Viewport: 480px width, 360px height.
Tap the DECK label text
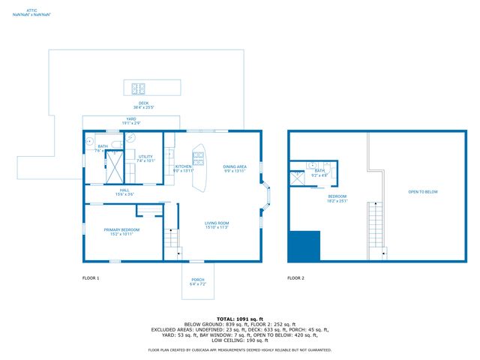(x=143, y=103)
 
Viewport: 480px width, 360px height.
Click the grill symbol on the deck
(x=139, y=87)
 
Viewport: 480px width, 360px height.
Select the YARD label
(x=130, y=120)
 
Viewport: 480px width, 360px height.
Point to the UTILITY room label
(x=145, y=157)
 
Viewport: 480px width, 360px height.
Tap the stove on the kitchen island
(x=199, y=158)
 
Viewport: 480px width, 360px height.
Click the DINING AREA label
(x=235, y=167)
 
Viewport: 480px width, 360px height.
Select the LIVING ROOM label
(x=217, y=223)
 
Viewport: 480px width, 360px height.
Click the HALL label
(x=124, y=191)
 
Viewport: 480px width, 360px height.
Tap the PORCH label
(x=197, y=280)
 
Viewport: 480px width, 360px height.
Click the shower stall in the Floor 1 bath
(x=115, y=166)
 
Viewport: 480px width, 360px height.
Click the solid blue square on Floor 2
(x=304, y=246)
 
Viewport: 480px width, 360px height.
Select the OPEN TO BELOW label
(x=423, y=192)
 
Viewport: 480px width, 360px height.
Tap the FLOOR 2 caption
(x=296, y=277)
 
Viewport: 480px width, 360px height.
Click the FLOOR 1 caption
(x=91, y=277)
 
